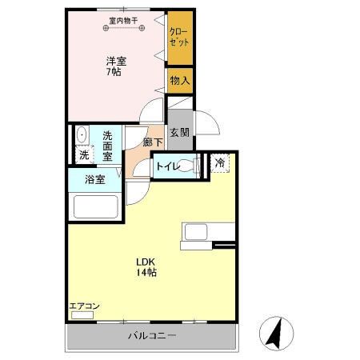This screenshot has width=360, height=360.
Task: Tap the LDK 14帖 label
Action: click(145, 267)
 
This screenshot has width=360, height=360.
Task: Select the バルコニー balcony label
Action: click(152, 336)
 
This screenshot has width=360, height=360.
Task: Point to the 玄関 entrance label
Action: click(179, 134)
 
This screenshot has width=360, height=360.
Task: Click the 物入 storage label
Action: click(179, 80)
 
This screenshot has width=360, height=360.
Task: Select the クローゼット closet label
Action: click(179, 38)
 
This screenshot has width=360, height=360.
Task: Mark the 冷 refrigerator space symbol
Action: click(220, 163)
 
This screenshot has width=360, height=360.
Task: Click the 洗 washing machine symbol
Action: click(82, 154)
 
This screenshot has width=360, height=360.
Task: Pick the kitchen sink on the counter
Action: click(197, 231)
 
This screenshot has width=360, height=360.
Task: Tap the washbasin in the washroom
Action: click(81, 134)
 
